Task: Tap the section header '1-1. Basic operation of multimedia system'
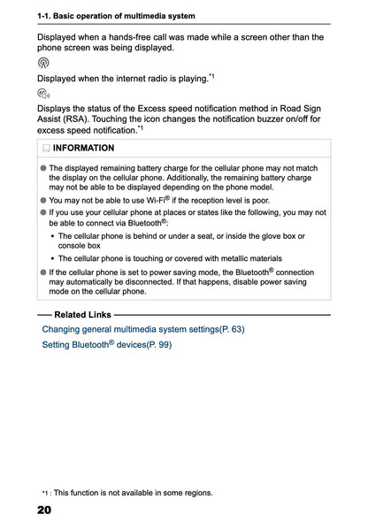coord(116,17)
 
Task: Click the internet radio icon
coord(43,64)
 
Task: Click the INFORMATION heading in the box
coord(84,148)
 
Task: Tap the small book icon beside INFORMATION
coord(45,148)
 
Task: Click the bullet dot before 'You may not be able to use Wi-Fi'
coord(43,201)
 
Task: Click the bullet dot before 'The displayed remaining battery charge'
coord(43,167)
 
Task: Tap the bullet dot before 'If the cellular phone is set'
coord(43,273)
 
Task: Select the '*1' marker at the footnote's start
coord(44,493)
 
